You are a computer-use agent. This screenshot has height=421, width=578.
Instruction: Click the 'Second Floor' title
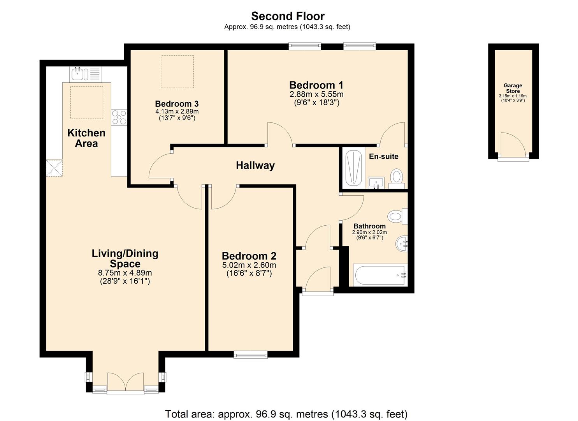[288, 16]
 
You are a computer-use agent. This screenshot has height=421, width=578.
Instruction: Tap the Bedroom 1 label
[316, 85]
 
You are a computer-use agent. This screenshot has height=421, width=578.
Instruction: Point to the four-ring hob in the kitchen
[119, 117]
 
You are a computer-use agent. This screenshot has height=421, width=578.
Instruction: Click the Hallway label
[255, 165]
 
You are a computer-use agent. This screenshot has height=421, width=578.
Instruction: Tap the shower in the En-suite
[354, 168]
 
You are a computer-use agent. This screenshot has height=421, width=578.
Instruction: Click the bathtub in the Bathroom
[380, 275]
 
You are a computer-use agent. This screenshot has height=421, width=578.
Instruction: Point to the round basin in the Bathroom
[402, 244]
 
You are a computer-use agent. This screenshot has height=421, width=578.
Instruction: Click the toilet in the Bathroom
[396, 216]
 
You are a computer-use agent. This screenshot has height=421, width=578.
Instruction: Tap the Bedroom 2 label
[249, 256]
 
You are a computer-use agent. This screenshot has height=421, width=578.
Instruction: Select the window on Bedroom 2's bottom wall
[251, 354]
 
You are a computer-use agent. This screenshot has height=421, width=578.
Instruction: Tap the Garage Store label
[513, 88]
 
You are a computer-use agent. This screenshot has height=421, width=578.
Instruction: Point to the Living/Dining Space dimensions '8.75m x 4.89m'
[125, 273]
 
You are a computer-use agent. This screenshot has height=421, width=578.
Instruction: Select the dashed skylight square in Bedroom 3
[177, 72]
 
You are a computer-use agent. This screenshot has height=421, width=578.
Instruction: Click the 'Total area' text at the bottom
[286, 414]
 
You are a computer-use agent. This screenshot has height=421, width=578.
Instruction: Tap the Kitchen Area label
[86, 138]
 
